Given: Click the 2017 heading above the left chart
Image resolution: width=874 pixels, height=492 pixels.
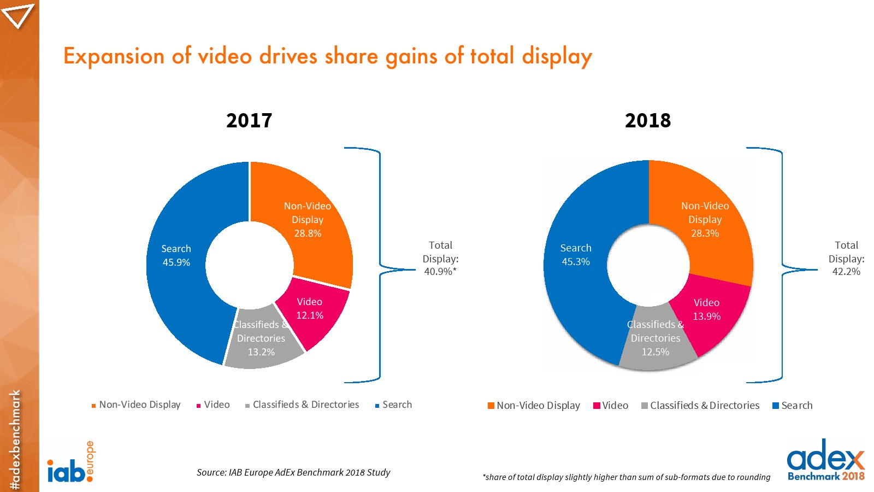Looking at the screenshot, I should (x=249, y=120).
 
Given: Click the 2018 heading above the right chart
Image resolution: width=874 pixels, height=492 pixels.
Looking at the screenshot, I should (x=647, y=120).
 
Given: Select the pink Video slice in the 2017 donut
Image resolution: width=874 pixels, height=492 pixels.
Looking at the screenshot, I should (x=320, y=323).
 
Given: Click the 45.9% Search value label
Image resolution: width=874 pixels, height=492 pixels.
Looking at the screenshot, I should (x=176, y=262).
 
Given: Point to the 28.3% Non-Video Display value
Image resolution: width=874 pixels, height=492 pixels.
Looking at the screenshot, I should (x=705, y=233).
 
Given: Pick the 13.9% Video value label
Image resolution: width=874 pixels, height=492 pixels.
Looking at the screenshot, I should (x=706, y=317).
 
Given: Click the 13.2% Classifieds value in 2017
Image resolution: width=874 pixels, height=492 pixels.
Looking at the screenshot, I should (x=261, y=352).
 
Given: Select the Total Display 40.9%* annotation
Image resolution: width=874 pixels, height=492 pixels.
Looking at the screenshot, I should (x=440, y=259).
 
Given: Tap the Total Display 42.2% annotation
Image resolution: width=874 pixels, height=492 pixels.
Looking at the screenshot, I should (x=846, y=259).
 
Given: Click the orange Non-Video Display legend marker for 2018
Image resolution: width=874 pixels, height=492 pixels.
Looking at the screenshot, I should (x=491, y=406).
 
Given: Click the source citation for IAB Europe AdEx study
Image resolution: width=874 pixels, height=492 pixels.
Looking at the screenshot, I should (x=293, y=472).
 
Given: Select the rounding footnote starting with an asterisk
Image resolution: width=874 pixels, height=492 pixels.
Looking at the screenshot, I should (x=626, y=477).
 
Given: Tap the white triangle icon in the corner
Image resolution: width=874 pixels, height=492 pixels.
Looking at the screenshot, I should (x=17, y=15).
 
